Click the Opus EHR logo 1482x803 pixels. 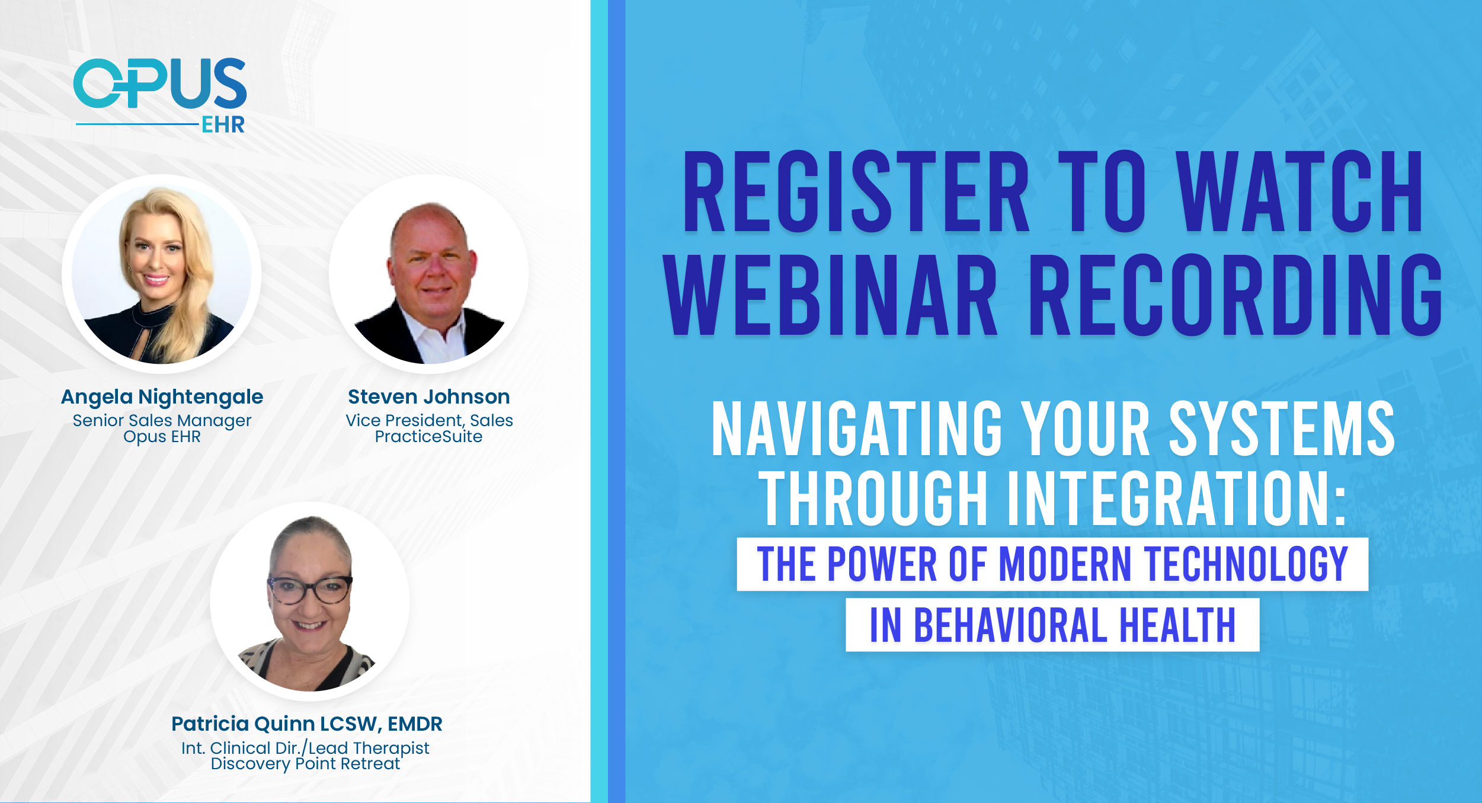tap(160, 95)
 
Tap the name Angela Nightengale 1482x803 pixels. tap(162, 396)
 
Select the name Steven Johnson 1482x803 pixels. tap(429, 396)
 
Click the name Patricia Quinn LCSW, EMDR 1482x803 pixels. tap(307, 724)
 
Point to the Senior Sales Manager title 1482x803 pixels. tap(162, 420)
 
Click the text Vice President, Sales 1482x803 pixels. tap(429, 420)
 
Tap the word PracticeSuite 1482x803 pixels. tap(428, 437)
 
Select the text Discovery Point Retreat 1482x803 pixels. tap(306, 764)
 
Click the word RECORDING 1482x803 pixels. tap(1235, 295)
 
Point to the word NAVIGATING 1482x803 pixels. tap(857, 428)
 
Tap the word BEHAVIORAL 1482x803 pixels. tap(1011, 625)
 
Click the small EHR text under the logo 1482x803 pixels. tap(223, 124)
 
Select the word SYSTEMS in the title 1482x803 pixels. tap(1282, 428)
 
